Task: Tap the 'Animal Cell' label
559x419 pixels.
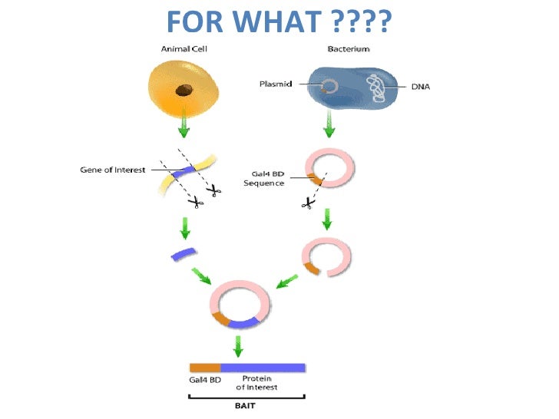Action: coord(184,49)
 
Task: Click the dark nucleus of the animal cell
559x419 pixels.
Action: coord(184,91)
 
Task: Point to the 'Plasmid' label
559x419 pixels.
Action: coord(276,84)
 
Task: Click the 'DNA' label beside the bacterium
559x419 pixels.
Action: coord(421,87)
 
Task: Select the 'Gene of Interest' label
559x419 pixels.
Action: coord(113,169)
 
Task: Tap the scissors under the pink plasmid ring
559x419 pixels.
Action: coord(308,203)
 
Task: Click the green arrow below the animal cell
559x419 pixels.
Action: coord(184,125)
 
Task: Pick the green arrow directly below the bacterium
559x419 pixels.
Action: coord(329,124)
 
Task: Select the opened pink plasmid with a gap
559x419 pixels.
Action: coord(326,256)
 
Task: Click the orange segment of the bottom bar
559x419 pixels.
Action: coord(205,367)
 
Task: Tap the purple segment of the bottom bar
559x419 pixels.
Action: coord(263,367)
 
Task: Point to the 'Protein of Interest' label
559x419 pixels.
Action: coord(260,383)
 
